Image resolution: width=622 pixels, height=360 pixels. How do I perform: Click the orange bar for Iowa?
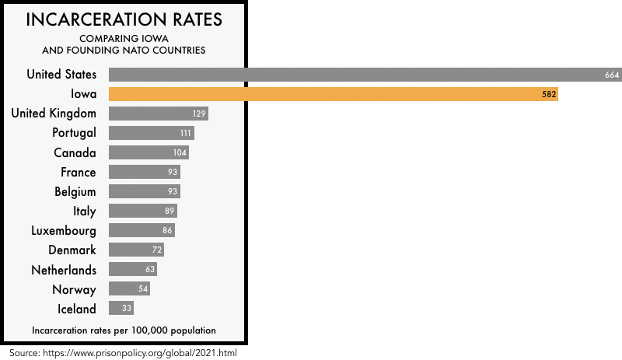pyautogui.click(x=333, y=94)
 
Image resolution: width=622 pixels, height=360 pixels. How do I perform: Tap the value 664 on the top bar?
pyautogui.click(x=611, y=75)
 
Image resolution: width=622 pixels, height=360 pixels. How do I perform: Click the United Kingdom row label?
pyautogui.click(x=54, y=114)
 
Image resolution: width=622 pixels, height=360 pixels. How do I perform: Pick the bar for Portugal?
pyautogui.click(x=151, y=133)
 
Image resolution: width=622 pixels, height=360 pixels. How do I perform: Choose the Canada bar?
pyautogui.click(x=149, y=152)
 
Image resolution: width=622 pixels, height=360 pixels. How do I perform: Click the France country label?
pyautogui.click(x=79, y=172)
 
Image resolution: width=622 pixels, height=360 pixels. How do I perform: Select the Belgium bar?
pyautogui.click(x=144, y=191)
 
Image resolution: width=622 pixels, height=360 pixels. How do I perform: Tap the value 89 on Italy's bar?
pyautogui.click(x=170, y=211)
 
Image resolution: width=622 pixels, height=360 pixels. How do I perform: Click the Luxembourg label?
pyautogui.click(x=64, y=231)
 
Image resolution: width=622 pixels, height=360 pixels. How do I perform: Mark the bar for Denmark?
pyautogui.click(x=136, y=250)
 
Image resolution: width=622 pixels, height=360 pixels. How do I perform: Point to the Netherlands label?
pyautogui.click(x=64, y=270)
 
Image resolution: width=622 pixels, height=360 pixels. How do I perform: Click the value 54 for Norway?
pyautogui.click(x=143, y=289)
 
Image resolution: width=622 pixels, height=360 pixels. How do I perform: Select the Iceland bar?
pyautogui.click(x=121, y=309)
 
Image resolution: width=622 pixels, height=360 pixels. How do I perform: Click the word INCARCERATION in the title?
pyautogui.click(x=92, y=19)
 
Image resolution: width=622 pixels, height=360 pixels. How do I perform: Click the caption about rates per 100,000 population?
pyautogui.click(x=124, y=330)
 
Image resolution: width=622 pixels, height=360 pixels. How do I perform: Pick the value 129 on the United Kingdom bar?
pyautogui.click(x=199, y=114)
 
